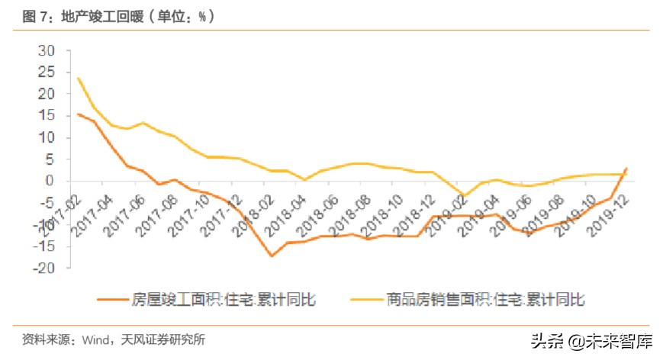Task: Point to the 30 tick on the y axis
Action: [x=47, y=51]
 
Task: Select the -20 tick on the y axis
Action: [x=44, y=268]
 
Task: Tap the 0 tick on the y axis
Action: [x=52, y=182]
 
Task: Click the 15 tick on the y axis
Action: [x=47, y=117]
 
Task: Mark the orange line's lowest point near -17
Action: [x=272, y=256]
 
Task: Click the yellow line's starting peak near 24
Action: [x=79, y=78]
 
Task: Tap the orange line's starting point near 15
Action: [x=79, y=114]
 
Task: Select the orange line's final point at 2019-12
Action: [x=627, y=169]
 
